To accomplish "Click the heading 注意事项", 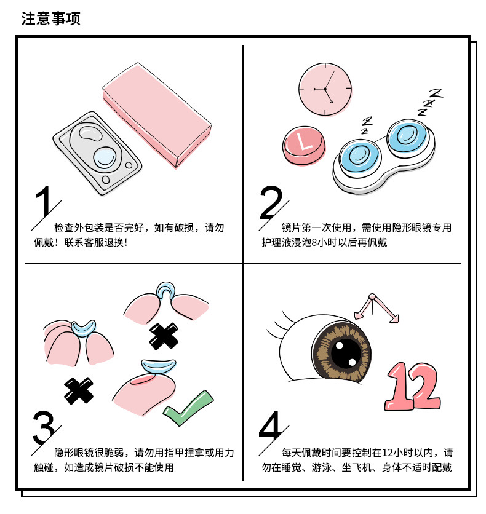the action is point(51,18).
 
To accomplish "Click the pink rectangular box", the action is point(157,115).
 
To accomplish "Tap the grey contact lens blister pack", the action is point(97,154).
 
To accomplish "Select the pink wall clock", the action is point(325,89).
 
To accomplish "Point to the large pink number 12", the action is point(413,387).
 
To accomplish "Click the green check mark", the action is point(188,408).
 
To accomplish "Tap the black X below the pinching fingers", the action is point(79,390).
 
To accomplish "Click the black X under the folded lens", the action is point(164,336).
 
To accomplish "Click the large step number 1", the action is point(44,201).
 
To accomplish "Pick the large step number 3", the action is point(44,427).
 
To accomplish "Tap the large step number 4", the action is point(270,426).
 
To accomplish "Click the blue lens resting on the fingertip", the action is point(159,366).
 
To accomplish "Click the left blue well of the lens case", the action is point(359,156).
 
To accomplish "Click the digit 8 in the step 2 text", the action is point(314,243).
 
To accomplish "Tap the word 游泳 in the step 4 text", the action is point(321,467).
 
